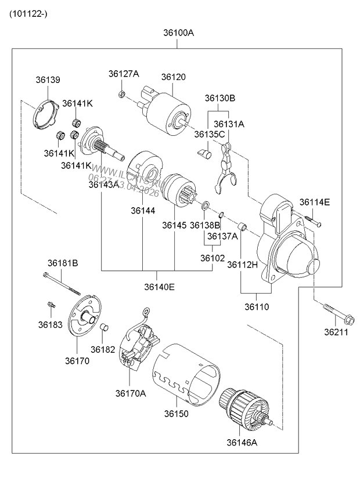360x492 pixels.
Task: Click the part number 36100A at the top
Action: click(x=179, y=33)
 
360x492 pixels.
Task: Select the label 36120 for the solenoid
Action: click(x=173, y=77)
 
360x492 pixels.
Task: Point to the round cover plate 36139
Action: click(x=45, y=114)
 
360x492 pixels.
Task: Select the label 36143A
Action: click(x=103, y=184)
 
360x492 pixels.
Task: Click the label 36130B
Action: click(x=219, y=98)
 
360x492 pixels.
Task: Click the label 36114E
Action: click(x=314, y=202)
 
